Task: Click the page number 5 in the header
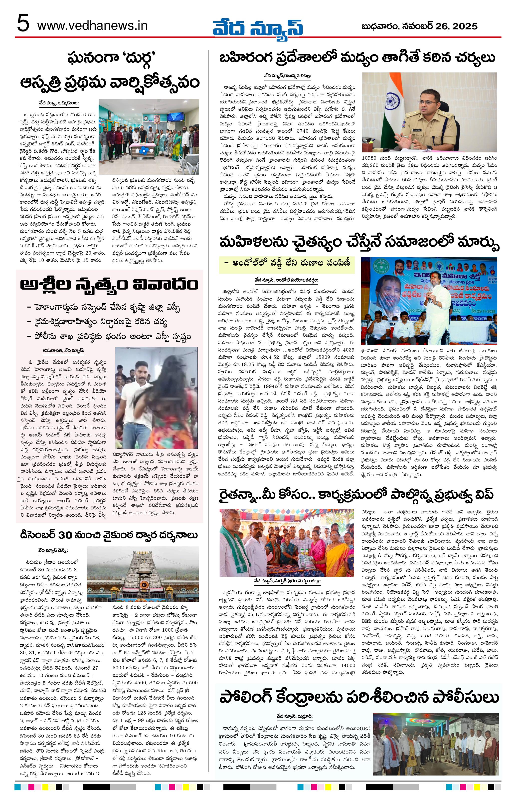point(22,25)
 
